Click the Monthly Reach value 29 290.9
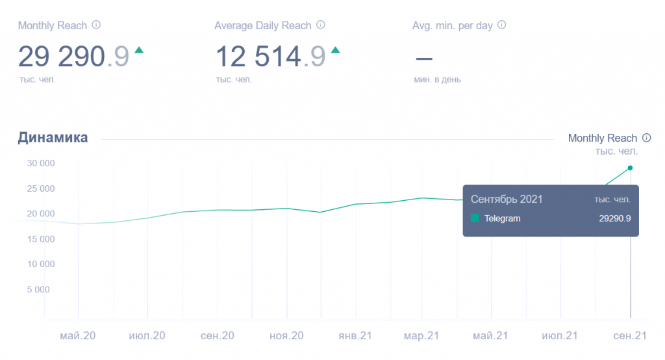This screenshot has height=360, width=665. pos(73,57)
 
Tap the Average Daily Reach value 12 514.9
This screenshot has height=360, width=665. pos(270,57)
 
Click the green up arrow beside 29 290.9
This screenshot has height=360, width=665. pos(138,50)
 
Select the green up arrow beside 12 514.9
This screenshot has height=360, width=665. pos(335,50)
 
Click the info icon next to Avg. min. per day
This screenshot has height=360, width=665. pos(501,25)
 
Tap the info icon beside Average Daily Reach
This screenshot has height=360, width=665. pos(320,25)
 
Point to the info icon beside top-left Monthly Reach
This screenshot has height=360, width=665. pos(96,25)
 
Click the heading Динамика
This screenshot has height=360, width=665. pos(53,138)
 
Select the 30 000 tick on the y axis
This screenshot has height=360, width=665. pos(40,163)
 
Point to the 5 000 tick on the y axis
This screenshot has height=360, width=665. pos(40,290)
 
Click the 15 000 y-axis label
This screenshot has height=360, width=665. pos(40,239)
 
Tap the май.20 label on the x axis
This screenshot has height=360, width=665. pos(78,336)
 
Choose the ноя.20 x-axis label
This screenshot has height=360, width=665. pos(286,336)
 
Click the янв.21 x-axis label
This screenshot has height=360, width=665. pos(355,336)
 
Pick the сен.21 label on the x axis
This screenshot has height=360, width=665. pos(630,336)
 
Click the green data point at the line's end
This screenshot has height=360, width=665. pos(630,168)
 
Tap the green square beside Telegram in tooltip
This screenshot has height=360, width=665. pos(475,218)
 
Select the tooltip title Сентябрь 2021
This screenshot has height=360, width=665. pos(507,199)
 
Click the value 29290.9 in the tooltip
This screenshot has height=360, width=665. pos(614,218)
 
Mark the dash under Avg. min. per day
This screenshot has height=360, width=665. pos(423,58)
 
